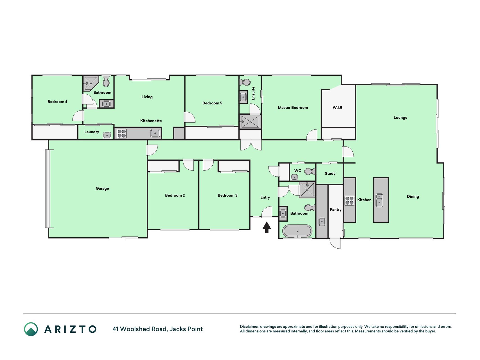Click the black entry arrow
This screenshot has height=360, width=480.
point(267,227)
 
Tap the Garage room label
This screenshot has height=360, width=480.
point(102,188)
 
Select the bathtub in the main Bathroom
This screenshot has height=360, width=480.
point(297,231)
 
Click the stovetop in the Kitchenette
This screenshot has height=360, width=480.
point(122,133)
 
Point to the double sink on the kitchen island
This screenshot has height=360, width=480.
point(379,200)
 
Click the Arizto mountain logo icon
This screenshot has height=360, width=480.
point(31,329)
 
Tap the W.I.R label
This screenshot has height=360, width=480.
point(337,107)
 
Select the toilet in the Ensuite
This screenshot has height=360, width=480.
point(245,82)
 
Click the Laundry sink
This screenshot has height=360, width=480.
point(107,135)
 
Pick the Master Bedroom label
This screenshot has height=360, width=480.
point(293,107)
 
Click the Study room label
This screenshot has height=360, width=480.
point(330,174)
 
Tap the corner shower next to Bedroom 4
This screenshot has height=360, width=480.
point(91,83)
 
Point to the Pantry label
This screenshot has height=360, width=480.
point(335,210)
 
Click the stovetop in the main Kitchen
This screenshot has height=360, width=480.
point(350,201)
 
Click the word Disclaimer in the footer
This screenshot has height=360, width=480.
point(249,327)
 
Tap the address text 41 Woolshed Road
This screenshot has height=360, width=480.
point(140,329)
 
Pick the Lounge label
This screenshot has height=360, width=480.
point(400,118)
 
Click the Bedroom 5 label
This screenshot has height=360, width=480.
point(212,103)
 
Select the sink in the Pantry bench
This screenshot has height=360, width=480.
point(322,222)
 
